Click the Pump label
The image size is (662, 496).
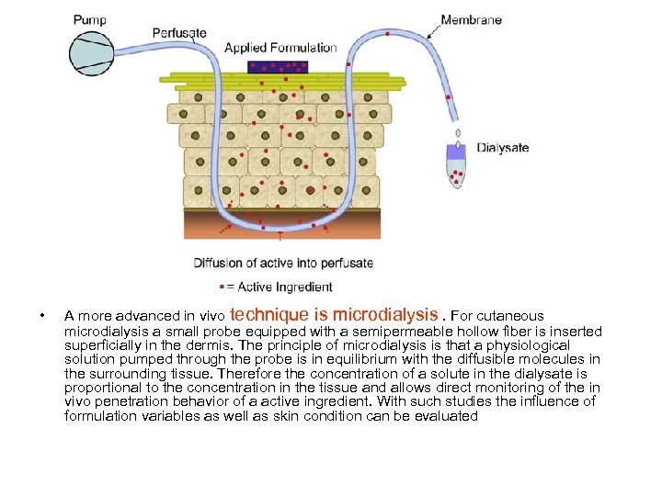(x=89, y=19)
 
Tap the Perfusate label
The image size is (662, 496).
(x=179, y=33)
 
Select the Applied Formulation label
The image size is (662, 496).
(x=280, y=48)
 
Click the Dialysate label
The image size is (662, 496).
(x=503, y=148)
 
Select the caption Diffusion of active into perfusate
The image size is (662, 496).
(x=283, y=263)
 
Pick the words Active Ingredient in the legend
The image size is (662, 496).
(x=291, y=287)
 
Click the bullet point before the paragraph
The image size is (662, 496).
(x=42, y=318)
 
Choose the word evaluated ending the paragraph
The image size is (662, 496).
(x=447, y=416)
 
